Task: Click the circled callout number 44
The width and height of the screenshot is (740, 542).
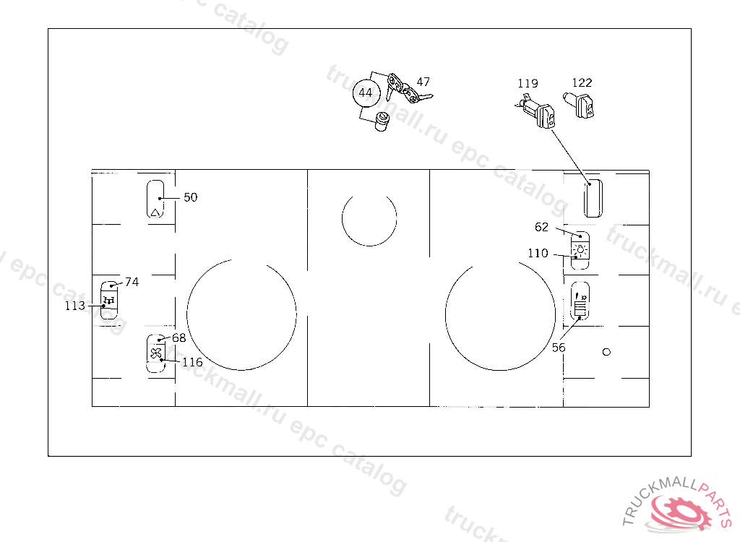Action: click(366, 93)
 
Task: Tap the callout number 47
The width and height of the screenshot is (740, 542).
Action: click(423, 82)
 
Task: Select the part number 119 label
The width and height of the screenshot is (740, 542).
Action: click(528, 84)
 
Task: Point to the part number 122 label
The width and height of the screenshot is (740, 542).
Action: click(582, 82)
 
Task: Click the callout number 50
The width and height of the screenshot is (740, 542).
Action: click(191, 197)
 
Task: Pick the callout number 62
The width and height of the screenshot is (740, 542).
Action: click(542, 227)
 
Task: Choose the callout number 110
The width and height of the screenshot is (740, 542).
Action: click(538, 253)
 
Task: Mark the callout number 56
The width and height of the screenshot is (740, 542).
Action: click(559, 348)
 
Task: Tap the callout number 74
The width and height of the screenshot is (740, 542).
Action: click(132, 282)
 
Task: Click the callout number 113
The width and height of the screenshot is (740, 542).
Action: click(75, 306)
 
